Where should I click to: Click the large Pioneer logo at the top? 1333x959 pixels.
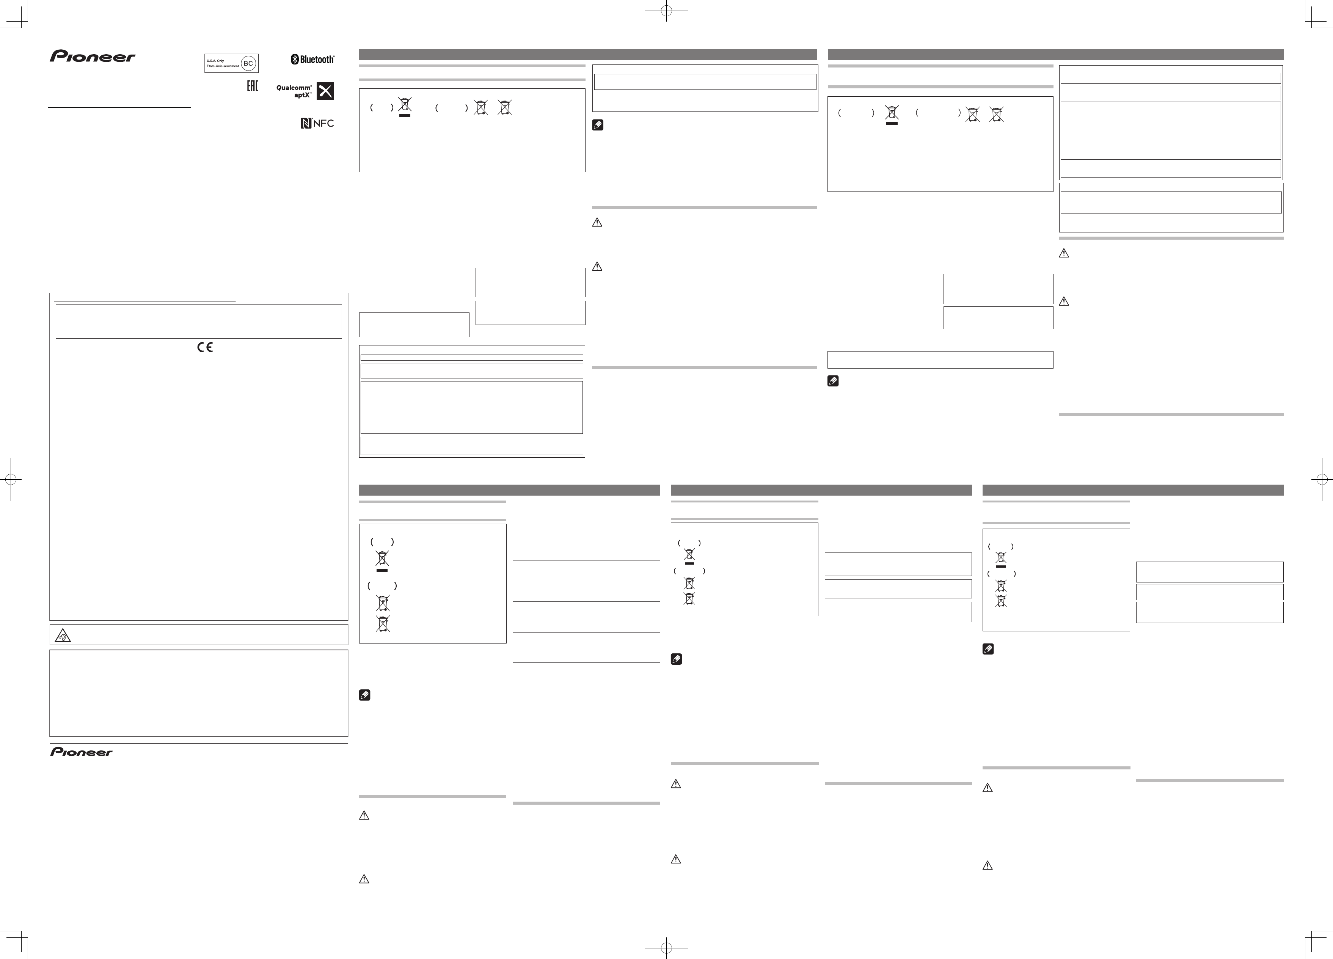click(x=92, y=57)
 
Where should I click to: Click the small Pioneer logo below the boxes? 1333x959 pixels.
click(x=81, y=752)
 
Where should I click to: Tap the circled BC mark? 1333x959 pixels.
click(x=249, y=63)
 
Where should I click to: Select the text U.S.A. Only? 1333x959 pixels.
click(x=216, y=61)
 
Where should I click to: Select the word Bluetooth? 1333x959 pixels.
click(x=317, y=60)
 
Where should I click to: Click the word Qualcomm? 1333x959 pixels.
click(x=294, y=88)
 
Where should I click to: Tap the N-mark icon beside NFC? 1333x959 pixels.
click(x=306, y=123)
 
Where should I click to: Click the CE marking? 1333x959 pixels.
click(x=205, y=347)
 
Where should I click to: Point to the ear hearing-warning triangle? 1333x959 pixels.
click(x=63, y=635)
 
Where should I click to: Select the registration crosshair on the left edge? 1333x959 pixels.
click(x=11, y=479)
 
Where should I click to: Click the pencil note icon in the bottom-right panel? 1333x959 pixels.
click(x=988, y=649)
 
